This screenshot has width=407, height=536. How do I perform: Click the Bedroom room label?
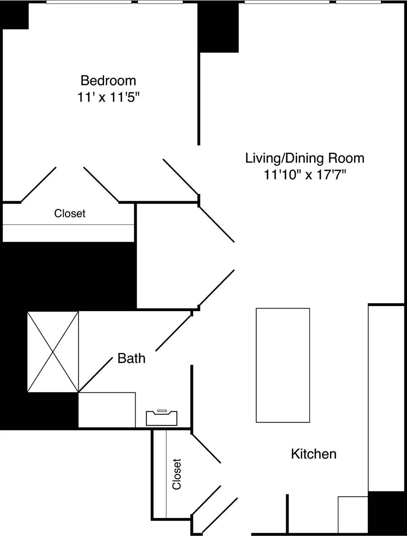[x=108, y=80]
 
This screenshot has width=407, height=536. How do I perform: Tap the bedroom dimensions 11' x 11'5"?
[x=108, y=98]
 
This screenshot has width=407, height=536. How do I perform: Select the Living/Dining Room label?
[x=305, y=158]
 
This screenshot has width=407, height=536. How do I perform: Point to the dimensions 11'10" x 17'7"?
[x=305, y=175]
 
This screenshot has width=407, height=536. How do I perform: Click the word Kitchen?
[x=313, y=454]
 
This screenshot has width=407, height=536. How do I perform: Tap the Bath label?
[x=131, y=358]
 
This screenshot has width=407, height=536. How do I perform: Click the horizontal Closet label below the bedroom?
[x=69, y=214]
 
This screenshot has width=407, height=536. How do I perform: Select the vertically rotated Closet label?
[x=177, y=474]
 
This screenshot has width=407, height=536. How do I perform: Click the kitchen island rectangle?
[x=283, y=365]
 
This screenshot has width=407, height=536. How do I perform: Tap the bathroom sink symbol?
[x=161, y=418]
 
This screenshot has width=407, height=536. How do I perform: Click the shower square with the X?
[x=53, y=352]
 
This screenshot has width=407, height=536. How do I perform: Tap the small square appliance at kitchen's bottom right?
[x=353, y=515]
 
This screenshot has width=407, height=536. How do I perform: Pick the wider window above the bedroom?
[x=89, y=2]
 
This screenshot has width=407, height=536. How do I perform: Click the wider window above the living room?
[x=287, y=2]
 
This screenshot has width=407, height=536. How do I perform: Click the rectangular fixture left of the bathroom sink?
[x=107, y=410]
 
